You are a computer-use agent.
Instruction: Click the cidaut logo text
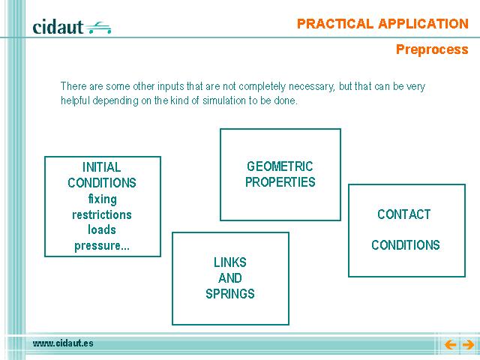click(x=58, y=27)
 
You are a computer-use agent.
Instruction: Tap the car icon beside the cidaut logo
click(x=98, y=28)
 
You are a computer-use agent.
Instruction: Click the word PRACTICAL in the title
click(x=335, y=24)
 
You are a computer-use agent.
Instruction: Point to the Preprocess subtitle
click(x=432, y=49)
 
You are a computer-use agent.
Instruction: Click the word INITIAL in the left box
click(x=102, y=167)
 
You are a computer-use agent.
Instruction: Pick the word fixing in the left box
click(x=103, y=199)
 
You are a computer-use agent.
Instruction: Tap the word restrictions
click(x=102, y=214)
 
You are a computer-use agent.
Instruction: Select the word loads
click(x=102, y=230)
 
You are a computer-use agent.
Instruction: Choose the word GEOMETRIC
click(x=280, y=166)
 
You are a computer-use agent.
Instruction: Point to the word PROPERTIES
click(x=280, y=182)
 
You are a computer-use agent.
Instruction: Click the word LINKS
click(x=230, y=262)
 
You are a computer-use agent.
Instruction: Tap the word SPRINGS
click(x=230, y=294)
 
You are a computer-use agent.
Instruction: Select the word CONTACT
click(x=404, y=214)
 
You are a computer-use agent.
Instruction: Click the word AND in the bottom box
click(x=230, y=278)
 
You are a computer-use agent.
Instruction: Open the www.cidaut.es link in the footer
click(x=63, y=343)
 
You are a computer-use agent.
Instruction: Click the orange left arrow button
click(x=450, y=345)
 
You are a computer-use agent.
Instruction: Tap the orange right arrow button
click(x=468, y=345)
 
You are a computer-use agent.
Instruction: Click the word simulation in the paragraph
click(x=224, y=100)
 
